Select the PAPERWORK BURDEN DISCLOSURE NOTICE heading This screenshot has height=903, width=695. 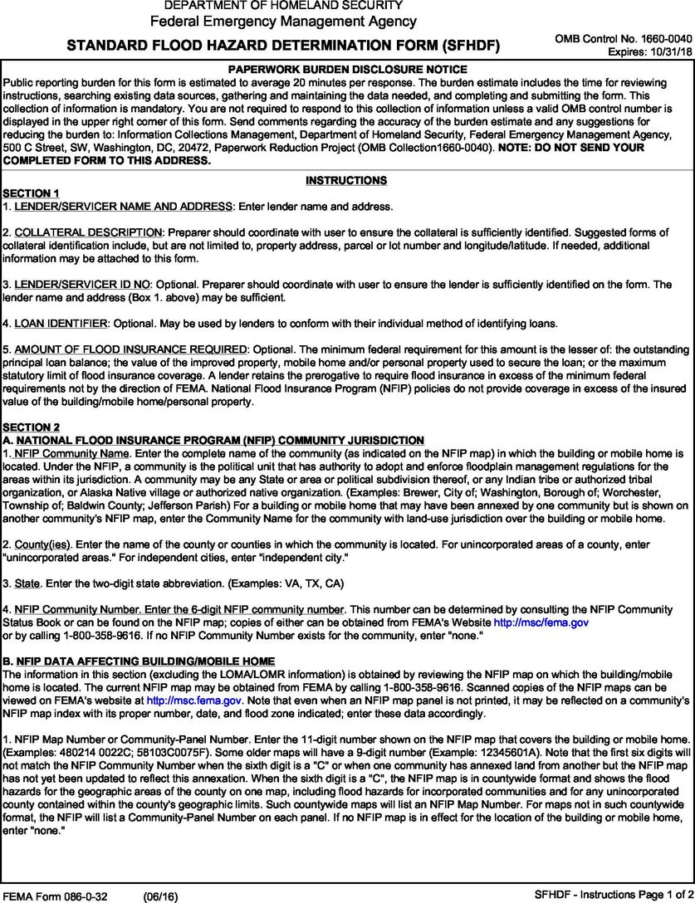click(346, 70)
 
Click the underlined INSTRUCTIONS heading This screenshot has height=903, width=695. click(346, 180)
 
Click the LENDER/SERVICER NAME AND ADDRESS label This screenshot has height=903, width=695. click(125, 205)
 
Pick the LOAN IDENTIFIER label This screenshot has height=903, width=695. click(61, 323)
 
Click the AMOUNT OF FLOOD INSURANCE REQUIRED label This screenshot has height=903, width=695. click(130, 349)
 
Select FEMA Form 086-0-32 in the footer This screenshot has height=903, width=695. click(51, 896)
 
